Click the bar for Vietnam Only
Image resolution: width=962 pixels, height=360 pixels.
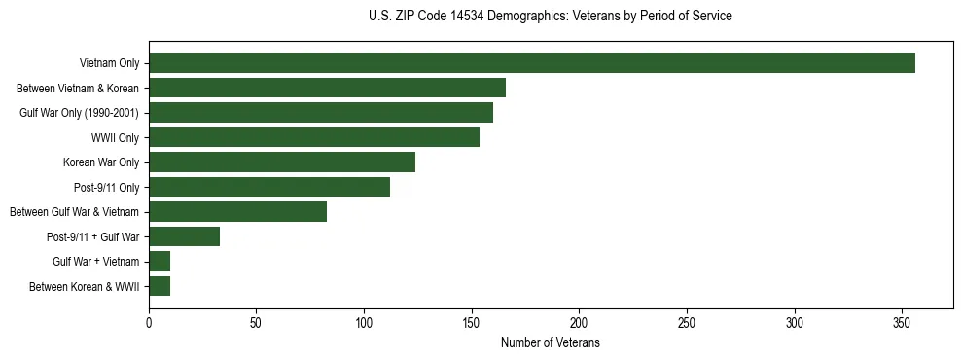(531, 63)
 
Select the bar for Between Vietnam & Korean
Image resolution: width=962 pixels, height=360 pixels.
(327, 88)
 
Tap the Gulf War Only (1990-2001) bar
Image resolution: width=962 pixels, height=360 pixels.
(321, 113)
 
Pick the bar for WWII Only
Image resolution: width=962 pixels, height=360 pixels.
(314, 137)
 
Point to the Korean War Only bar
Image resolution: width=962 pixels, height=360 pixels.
(282, 162)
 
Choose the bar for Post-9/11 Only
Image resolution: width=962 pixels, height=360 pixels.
(269, 187)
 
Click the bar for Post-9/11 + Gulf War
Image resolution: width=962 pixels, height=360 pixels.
(184, 236)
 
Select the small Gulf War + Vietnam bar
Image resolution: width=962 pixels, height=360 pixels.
(160, 261)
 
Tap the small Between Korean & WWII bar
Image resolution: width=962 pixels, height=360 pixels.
(160, 286)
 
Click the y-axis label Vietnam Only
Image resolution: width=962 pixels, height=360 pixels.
(109, 64)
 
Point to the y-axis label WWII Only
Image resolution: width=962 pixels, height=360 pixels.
(115, 138)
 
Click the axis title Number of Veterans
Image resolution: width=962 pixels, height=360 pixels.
(550, 343)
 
